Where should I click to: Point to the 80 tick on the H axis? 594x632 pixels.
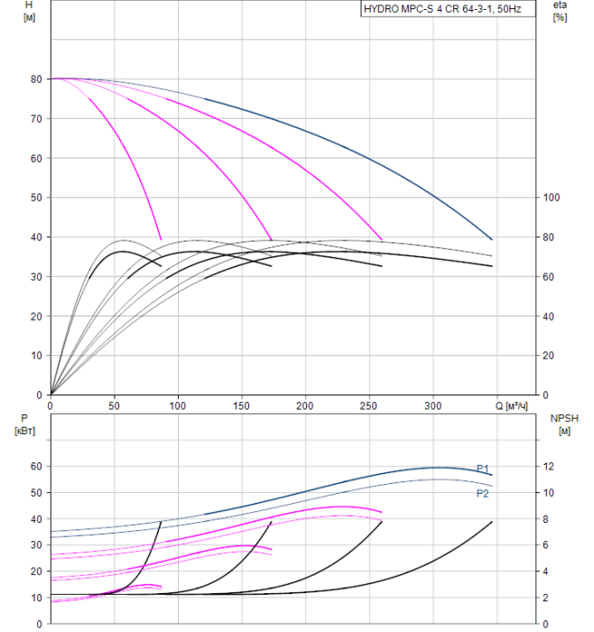(35, 79)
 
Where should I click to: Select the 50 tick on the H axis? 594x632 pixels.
(35, 198)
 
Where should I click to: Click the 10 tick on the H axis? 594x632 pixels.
(35, 356)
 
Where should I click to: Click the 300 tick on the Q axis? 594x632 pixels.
(434, 405)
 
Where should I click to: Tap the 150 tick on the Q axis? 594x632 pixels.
(242, 405)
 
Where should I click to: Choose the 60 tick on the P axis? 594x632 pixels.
(35, 466)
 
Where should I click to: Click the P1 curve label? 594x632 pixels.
(483, 468)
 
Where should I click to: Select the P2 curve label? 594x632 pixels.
(483, 494)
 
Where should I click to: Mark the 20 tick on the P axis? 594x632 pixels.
(35, 572)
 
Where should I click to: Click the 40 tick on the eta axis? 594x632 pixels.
(552, 316)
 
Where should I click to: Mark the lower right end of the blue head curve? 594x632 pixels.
(492, 239)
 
